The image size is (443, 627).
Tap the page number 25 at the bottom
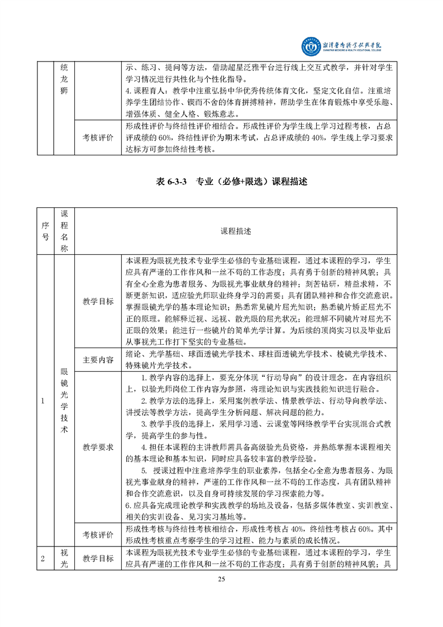(x=221, y=579)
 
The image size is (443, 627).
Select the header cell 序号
(x=44, y=231)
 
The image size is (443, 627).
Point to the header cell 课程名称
(x=64, y=231)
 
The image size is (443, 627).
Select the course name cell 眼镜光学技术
(x=64, y=400)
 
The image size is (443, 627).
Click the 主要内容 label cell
(x=98, y=360)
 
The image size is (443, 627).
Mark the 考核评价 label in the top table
(x=98, y=137)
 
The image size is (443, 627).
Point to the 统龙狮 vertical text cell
(x=64, y=79)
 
